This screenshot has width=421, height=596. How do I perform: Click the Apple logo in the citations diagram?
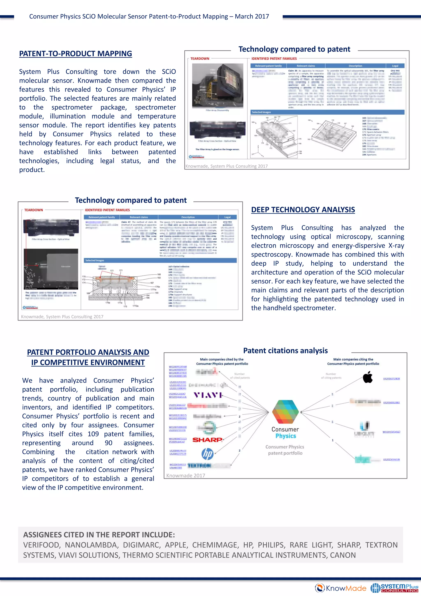[368, 377]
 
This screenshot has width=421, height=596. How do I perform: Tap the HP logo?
[207, 454]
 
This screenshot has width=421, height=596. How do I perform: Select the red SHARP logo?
[207, 440]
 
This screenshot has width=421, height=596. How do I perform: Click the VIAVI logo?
[208, 395]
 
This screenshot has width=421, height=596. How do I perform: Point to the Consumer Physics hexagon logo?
[285, 412]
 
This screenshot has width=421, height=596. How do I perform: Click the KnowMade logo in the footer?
[341, 588]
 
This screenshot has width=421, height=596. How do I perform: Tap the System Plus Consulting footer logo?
[394, 588]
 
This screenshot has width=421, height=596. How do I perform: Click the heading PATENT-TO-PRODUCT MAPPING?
[75, 54]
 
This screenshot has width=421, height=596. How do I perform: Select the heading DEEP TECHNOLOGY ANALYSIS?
[303, 210]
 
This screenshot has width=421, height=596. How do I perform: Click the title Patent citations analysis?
[285, 351]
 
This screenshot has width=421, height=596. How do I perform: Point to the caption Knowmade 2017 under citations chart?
[186, 476]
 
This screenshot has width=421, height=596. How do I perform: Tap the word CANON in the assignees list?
[343, 555]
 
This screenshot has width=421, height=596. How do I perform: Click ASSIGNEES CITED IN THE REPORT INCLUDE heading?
[99, 535]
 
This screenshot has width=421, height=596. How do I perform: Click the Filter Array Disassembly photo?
[218, 86]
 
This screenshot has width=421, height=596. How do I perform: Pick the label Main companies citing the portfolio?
[353, 361]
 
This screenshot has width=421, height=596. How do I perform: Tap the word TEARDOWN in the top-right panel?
[200, 59]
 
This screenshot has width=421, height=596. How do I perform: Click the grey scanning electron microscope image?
[51, 269]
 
